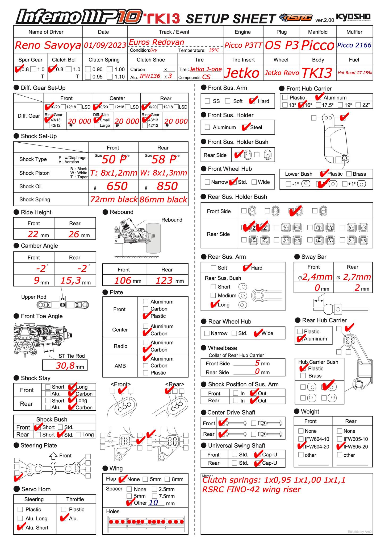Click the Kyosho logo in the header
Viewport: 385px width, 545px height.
353,17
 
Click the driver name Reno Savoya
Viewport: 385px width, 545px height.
48,45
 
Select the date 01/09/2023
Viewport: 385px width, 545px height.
105,45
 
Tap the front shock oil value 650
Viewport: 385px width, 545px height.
117,186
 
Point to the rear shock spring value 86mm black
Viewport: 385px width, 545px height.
163,200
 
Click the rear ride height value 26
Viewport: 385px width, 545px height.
74,234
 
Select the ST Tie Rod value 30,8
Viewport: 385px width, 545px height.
65,366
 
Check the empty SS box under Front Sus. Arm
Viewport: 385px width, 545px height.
207,101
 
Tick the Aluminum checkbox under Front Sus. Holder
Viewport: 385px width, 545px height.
207,127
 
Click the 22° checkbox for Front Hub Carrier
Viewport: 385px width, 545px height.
358,105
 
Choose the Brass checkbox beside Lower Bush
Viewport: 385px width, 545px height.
349,174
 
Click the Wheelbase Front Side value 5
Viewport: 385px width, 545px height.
257,363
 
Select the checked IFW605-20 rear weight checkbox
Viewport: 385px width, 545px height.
340,447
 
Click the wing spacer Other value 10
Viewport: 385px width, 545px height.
153,503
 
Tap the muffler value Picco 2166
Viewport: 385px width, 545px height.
354,45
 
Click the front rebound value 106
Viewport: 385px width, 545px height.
123,280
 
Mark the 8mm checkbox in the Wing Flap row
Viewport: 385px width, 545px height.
167,479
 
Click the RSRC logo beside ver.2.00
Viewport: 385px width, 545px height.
296,18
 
